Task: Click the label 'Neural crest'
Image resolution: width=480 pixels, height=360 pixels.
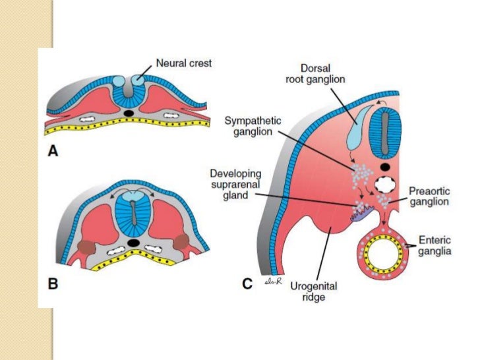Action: pos(183,64)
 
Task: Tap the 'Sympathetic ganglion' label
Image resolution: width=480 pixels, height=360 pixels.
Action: pos(253,127)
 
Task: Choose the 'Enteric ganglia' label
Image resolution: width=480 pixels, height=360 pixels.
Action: pos(434,245)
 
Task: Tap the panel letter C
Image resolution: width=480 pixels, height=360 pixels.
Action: pos(247,284)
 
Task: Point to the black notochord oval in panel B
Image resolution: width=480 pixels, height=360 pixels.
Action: pos(134,243)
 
